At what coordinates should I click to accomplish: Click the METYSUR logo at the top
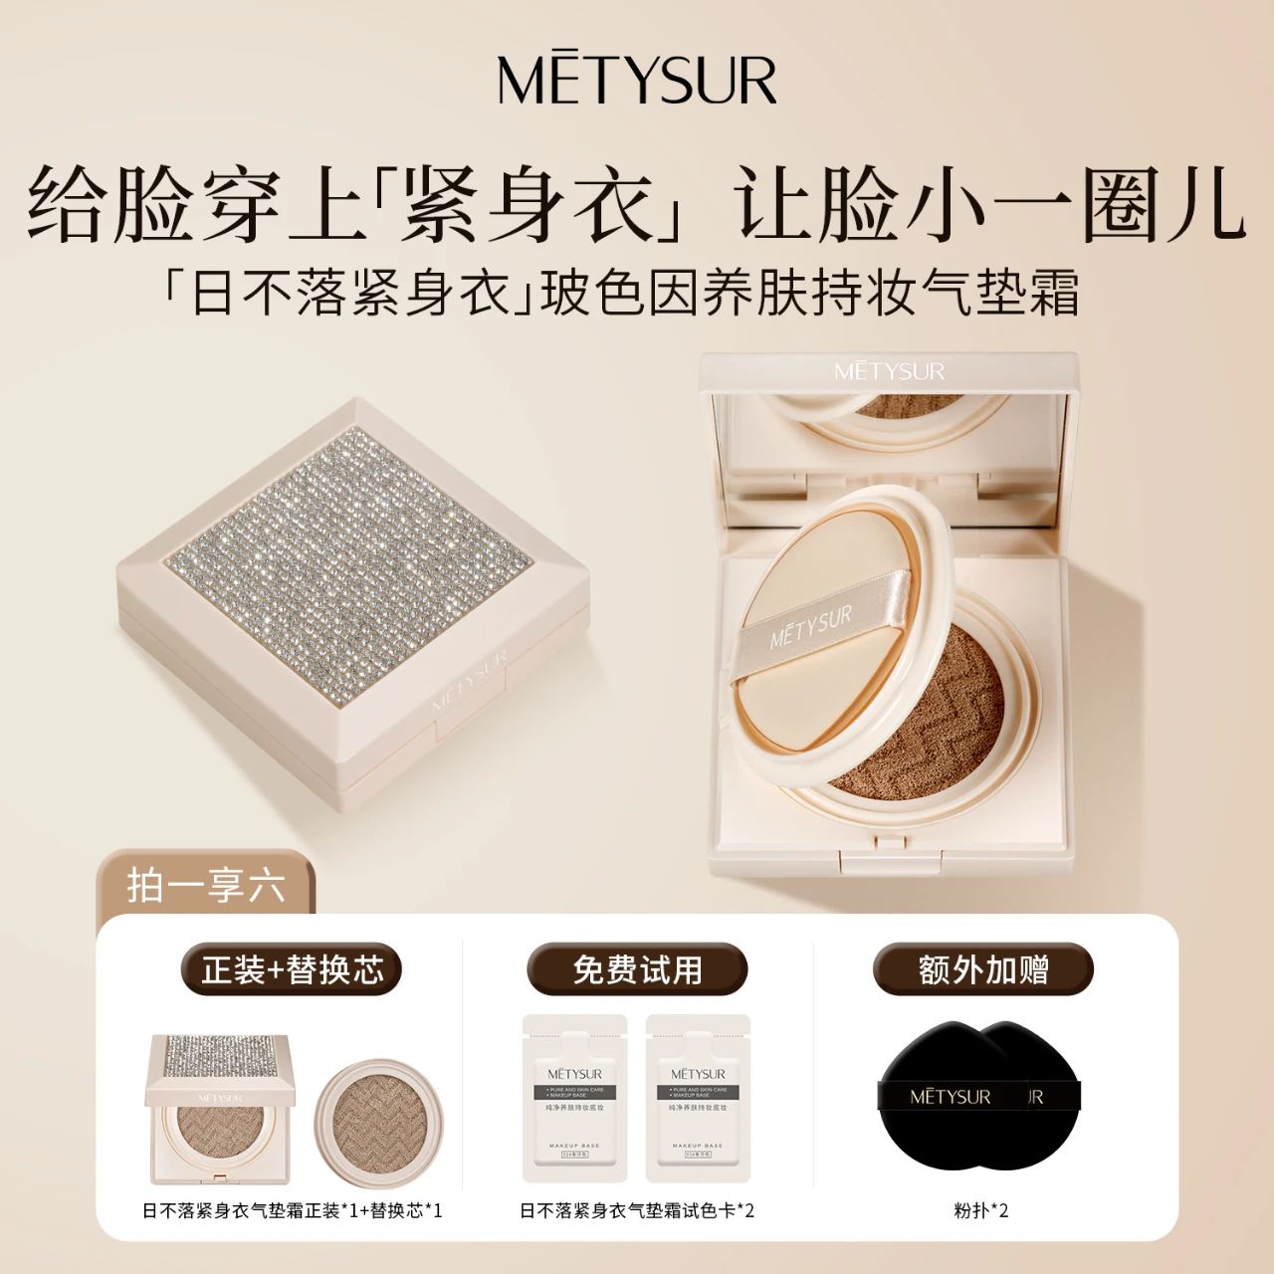point(637,80)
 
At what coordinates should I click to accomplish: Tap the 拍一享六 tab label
point(206,885)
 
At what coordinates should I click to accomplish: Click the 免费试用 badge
point(637,969)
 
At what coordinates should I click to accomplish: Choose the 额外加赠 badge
point(983,969)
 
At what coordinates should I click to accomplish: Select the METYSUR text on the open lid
point(889,371)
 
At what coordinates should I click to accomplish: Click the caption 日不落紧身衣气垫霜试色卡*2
point(637,1210)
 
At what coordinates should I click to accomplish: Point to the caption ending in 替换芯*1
point(292,1210)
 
